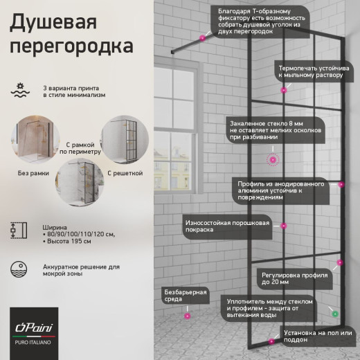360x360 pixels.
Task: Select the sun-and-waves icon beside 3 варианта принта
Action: (21, 89)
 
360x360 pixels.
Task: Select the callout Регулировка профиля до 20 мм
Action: (294, 278)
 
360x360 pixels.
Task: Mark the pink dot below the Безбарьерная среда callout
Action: (186, 315)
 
